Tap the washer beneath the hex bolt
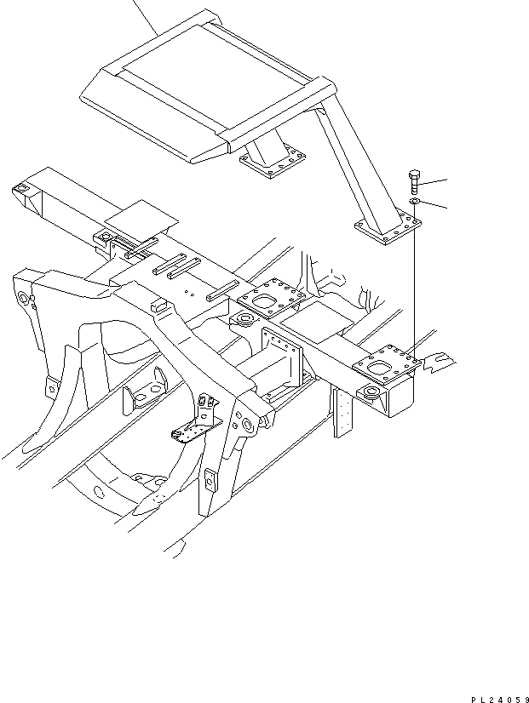tap(414, 201)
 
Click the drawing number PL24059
tap(499, 699)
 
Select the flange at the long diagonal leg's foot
tap(388, 228)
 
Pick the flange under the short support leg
tap(273, 163)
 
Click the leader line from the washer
tap(433, 205)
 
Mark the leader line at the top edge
tap(146, 18)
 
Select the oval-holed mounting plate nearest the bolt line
tap(387, 363)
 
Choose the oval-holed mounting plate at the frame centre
tap(271, 298)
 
